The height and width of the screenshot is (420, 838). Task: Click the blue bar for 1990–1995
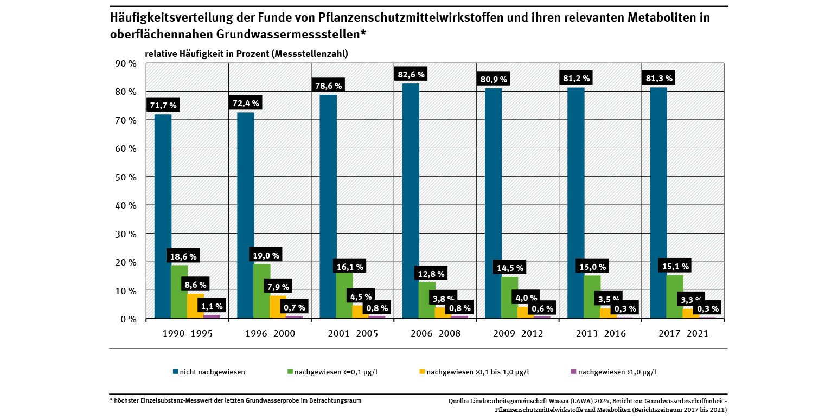[x=163, y=217]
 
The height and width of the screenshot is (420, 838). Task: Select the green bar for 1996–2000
[x=262, y=293]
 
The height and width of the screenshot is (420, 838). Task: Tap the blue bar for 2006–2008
[x=411, y=201]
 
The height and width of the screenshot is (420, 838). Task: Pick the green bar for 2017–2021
[x=674, y=298]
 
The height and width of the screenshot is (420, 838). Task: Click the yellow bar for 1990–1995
[x=195, y=306]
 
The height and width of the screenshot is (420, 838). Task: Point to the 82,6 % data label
[x=411, y=74]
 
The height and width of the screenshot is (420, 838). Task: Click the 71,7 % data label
[x=162, y=105]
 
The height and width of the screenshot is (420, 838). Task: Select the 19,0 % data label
[x=266, y=255]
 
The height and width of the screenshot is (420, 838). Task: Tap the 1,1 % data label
[x=212, y=307]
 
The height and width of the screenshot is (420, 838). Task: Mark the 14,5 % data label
[x=509, y=268]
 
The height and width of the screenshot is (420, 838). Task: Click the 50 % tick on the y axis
[x=126, y=177]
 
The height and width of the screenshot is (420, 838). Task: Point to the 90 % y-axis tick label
[x=126, y=63]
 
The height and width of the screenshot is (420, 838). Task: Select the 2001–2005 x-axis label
[x=353, y=334]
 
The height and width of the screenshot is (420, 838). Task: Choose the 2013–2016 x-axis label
[x=600, y=334]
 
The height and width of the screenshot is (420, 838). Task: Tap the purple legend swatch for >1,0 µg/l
[x=574, y=371]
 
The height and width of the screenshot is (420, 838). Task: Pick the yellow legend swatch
[x=422, y=371]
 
